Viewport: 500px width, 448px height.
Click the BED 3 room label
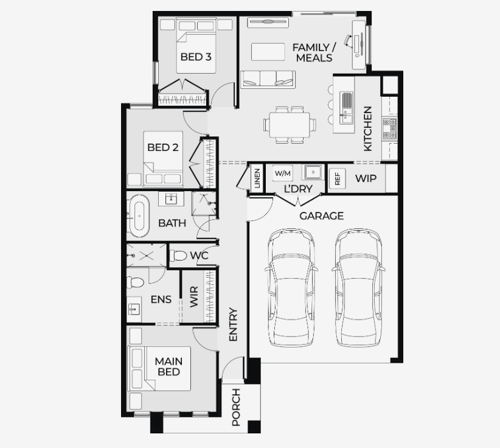point(196,57)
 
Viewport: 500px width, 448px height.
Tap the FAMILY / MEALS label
point(314,52)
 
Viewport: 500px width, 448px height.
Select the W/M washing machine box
point(282,173)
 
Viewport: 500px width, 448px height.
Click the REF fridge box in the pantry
point(338,177)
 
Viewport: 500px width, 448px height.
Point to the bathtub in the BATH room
point(139,215)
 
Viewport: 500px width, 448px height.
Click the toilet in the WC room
point(178,256)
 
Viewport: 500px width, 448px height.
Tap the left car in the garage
point(291,287)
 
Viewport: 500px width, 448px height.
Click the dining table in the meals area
point(290,125)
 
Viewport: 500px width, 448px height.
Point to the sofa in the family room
point(268,79)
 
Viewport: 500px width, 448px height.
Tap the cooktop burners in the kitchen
point(389,128)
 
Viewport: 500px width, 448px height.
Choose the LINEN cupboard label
point(257,178)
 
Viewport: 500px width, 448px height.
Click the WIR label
point(194,296)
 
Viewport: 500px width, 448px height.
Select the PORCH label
point(236,407)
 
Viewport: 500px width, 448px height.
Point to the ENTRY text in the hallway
point(234,324)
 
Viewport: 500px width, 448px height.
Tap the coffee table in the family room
point(268,52)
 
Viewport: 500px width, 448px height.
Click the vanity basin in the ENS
point(134,309)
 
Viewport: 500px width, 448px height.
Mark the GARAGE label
point(321,216)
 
